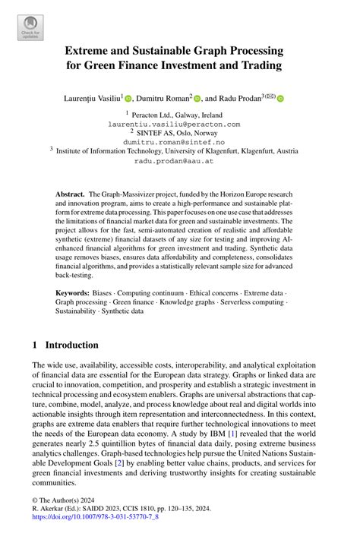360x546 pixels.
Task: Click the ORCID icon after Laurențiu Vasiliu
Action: pos(128,98)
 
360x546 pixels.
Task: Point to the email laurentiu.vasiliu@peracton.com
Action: pos(174,123)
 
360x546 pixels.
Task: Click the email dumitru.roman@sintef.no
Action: pos(174,141)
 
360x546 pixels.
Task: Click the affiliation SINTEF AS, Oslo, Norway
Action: pos(178,132)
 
